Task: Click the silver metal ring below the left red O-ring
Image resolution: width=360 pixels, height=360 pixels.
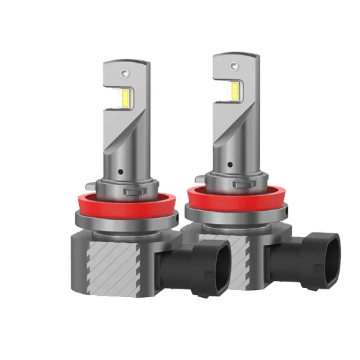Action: click(x=118, y=226)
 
